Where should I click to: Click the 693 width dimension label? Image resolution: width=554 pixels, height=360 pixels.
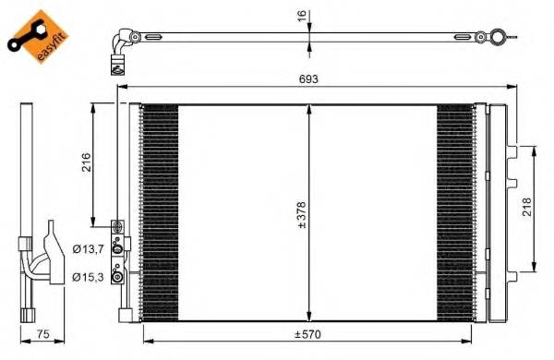point(308,79)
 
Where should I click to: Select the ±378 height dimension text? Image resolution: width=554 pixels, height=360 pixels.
point(301,214)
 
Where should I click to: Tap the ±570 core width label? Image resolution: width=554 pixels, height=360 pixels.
point(307,334)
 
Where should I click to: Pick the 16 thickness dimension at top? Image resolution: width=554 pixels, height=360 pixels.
point(300,17)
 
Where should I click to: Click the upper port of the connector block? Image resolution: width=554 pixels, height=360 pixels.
point(117,246)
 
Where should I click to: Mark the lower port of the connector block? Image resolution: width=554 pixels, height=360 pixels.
point(117,274)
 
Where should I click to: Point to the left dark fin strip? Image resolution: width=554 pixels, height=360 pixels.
point(159,212)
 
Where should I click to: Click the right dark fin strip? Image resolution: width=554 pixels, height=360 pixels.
point(453,212)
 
